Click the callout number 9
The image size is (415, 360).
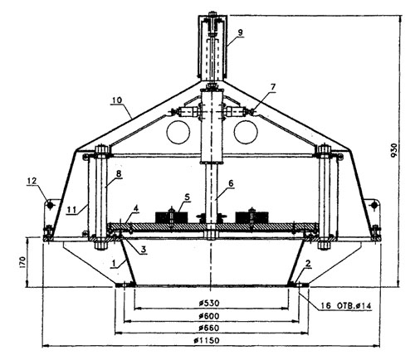coord(240,32)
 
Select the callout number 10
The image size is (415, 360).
coord(117,100)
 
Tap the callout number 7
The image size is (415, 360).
coord(273,87)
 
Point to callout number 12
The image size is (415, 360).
coord(32,181)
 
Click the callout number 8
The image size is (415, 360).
coord(120,174)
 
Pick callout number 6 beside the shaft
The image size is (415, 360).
coord(231,183)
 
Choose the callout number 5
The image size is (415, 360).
coord(187,197)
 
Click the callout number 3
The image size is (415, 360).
coord(144,249)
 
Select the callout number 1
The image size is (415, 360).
coord(113,263)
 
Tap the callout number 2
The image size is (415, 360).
coord(309,264)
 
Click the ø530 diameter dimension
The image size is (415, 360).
coord(209,303)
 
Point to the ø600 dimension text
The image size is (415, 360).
coord(209,315)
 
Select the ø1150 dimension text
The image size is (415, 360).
coord(207,340)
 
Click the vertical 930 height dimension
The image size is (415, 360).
coord(394,150)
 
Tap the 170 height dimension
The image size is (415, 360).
coord(22,262)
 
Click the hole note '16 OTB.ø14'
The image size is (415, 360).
coord(345,306)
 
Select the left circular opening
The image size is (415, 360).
coord(178,132)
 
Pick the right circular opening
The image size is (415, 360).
coord(246,132)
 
